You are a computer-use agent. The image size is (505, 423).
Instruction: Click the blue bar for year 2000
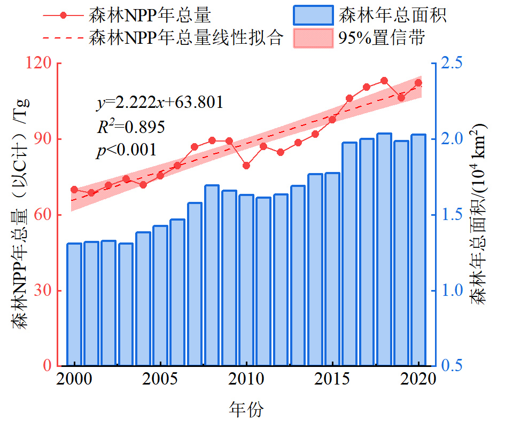pyautogui.click(x=74, y=304)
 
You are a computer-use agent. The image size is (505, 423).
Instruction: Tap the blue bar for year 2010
pyautogui.click(x=246, y=280)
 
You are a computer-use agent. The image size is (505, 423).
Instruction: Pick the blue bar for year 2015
pyautogui.click(x=332, y=269)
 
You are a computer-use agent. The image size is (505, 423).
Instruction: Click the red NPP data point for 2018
pyautogui.click(x=384, y=81)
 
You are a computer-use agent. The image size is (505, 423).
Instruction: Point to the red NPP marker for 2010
pyautogui.click(x=246, y=166)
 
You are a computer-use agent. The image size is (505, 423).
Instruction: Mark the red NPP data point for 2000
pyautogui.click(x=74, y=190)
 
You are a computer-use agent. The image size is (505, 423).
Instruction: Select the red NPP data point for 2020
pyautogui.click(x=418, y=83)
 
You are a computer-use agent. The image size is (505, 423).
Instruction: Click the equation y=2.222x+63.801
pyautogui.click(x=159, y=102)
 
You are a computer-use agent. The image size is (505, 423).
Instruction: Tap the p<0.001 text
pyautogui.click(x=127, y=150)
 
